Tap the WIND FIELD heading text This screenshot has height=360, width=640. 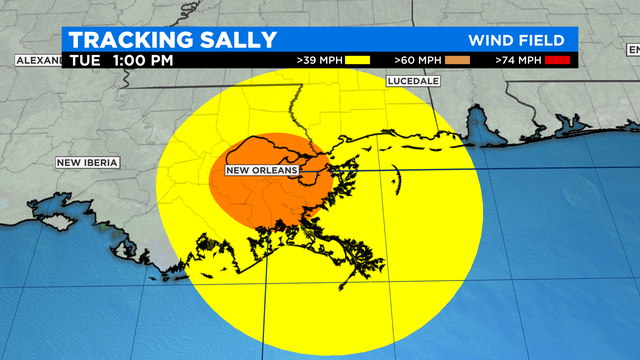click(x=517, y=41)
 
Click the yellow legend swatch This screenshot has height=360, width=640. click(x=357, y=61)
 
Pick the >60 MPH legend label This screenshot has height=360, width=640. click(x=418, y=61)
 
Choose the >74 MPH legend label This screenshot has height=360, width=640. click(x=519, y=61)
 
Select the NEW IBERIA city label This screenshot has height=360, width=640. click(x=87, y=162)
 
